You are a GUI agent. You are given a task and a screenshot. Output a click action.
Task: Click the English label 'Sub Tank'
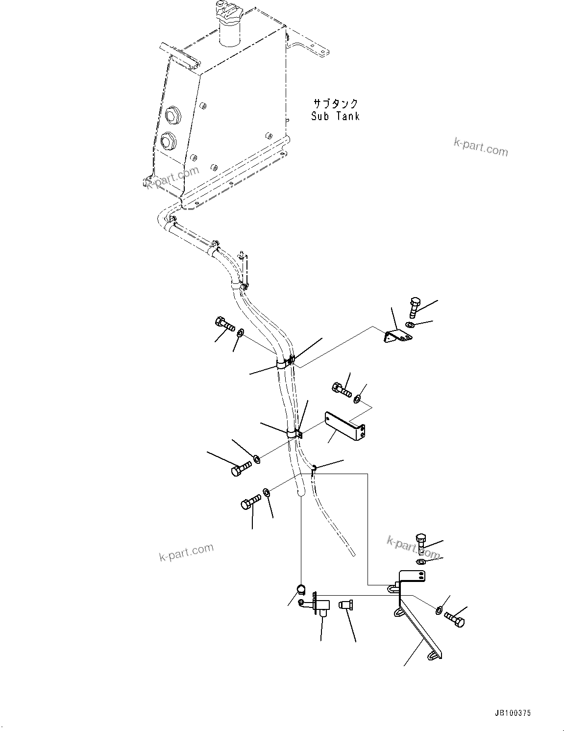point(336,116)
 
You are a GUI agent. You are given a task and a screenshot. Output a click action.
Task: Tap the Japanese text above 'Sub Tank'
point(336,103)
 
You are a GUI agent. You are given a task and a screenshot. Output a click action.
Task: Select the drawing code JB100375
point(512,713)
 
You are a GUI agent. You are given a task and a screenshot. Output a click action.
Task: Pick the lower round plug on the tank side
point(168,141)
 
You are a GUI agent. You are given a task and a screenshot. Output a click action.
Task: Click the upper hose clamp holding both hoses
point(284,364)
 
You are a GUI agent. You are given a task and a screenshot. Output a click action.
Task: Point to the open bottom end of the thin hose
point(351,553)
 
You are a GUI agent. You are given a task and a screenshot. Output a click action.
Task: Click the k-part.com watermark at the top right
point(481,147)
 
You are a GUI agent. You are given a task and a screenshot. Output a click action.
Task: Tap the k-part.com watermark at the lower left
point(186,553)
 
